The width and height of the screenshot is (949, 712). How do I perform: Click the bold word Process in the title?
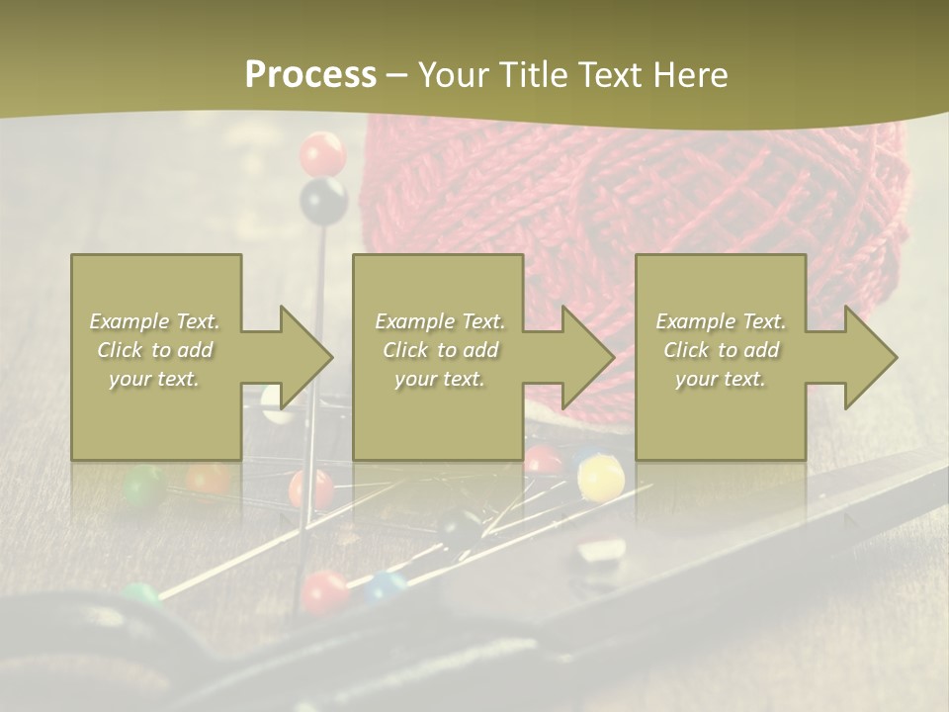coord(310,75)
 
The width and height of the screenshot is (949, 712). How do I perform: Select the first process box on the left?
coord(156,357)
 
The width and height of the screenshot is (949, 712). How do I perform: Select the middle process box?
coord(438,357)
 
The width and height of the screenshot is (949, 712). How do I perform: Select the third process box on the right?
coord(720,357)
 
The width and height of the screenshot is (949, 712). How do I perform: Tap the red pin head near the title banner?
coord(322,154)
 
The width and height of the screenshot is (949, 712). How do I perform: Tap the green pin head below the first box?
coord(145,485)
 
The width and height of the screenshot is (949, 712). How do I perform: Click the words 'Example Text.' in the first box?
coord(154,321)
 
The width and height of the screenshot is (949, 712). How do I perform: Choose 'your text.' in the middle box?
coord(439,379)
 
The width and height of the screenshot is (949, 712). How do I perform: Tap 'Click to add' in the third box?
coord(721,350)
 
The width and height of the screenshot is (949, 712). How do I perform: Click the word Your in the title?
coord(453,75)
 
